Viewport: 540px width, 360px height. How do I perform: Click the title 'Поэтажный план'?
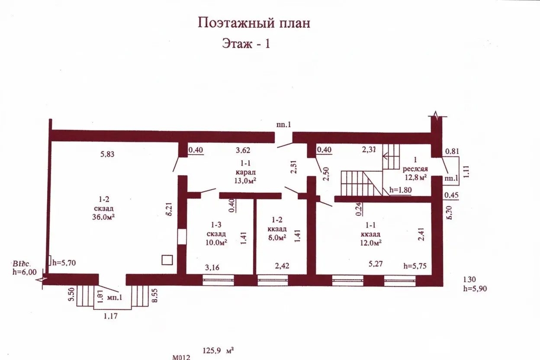[x=254, y=23]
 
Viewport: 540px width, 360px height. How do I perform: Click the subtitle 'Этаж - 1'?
[x=246, y=43]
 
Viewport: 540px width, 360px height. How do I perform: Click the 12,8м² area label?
[x=415, y=177]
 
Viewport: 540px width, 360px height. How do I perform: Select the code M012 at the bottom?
[x=181, y=357]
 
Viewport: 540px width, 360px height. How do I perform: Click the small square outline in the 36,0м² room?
[x=167, y=260]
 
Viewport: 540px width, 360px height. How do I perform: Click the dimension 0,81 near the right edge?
[x=452, y=151]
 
